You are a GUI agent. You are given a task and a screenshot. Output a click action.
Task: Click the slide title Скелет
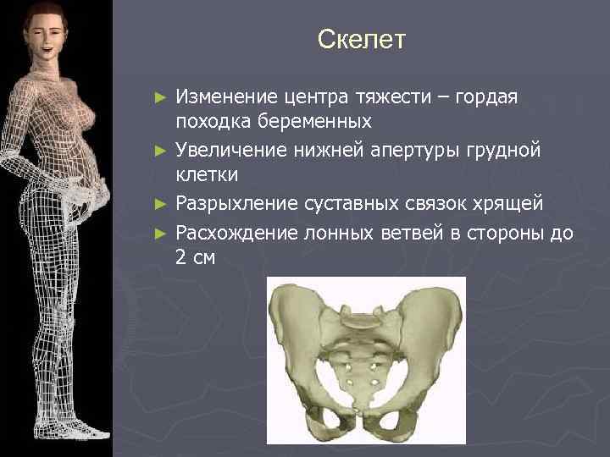[362, 39]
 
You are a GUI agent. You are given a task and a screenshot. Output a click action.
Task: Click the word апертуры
[402, 152]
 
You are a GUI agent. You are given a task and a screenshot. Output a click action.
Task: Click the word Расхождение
[231, 233]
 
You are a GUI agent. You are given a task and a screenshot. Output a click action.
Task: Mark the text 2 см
[195, 258]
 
